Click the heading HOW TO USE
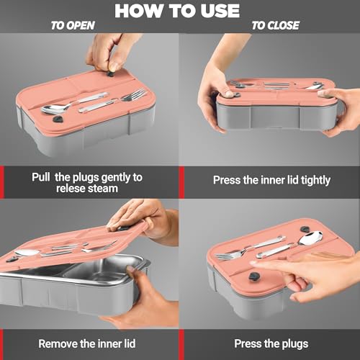(x=177, y=11)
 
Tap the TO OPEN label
(x=73, y=25)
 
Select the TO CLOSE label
(x=275, y=25)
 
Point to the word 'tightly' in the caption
(x=316, y=180)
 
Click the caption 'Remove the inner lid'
(x=87, y=343)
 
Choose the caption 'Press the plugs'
(x=271, y=344)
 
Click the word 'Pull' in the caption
(x=41, y=177)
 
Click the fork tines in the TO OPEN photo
(x=135, y=94)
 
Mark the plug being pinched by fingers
(x=111, y=73)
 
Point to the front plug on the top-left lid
(x=58, y=119)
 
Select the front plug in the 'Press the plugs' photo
(x=254, y=276)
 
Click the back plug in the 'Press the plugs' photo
(x=305, y=229)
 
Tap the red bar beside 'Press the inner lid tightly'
(x=181, y=182)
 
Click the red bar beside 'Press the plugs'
(x=181, y=345)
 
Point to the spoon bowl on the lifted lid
(x=27, y=253)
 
